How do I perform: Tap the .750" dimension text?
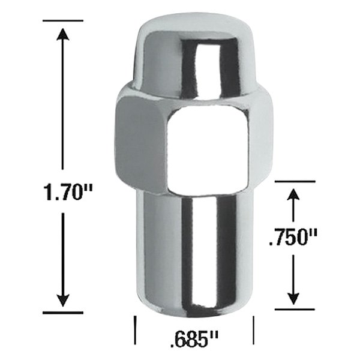[x=292, y=240]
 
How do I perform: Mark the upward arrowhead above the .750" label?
[x=293, y=196]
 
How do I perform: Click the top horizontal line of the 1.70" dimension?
[x=62, y=21]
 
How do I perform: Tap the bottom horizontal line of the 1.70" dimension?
[x=62, y=313]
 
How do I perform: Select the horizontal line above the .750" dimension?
[x=293, y=181]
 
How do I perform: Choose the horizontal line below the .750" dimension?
[x=293, y=310]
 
